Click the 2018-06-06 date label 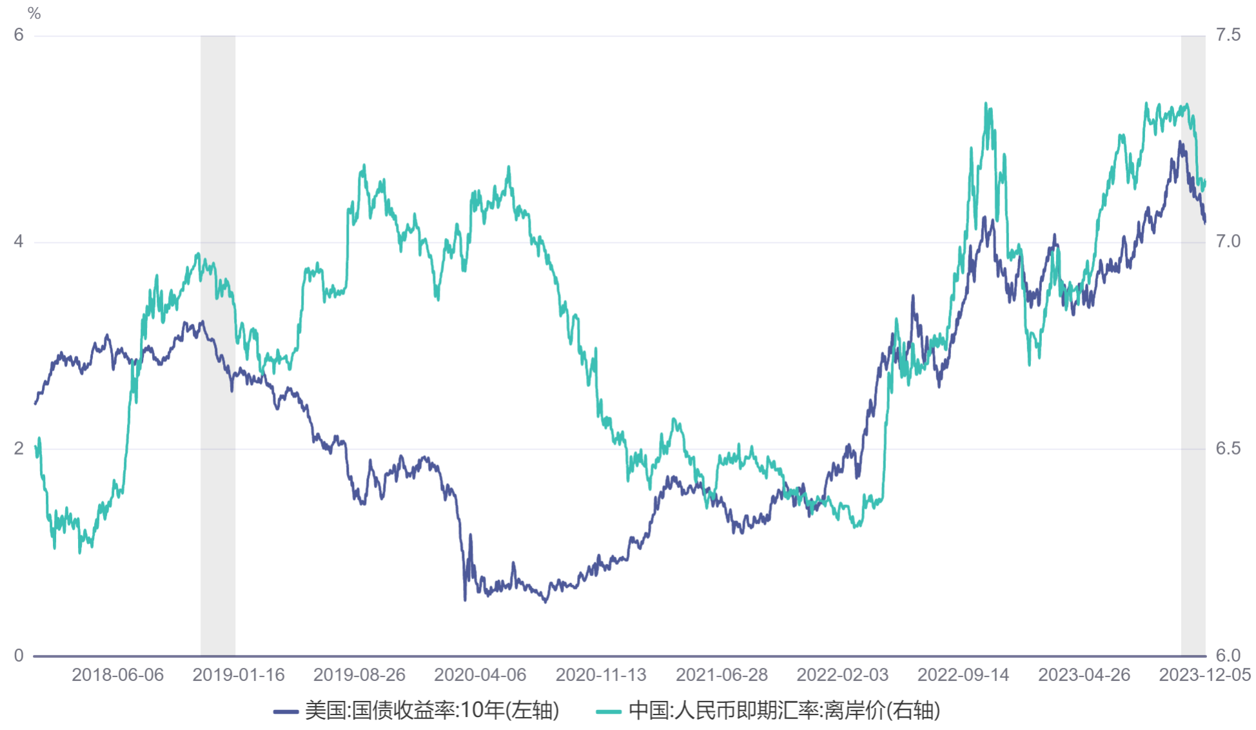pos(117,675)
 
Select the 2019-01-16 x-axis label pos(238,675)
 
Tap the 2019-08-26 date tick pos(359,675)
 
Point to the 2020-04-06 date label pos(480,675)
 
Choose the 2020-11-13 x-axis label pos(601,675)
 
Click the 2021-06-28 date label pos(721,675)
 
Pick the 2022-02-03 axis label pos(842,675)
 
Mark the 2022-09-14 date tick pos(963,675)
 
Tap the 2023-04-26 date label pos(1084,675)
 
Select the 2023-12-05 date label pos(1204,675)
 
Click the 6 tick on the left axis pos(19,35)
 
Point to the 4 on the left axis pos(19,242)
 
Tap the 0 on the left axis pos(19,655)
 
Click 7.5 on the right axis pos(1228,35)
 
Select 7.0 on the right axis pos(1228,242)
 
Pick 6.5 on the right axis pos(1228,449)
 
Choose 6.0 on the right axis pos(1228,655)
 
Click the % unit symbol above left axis pos(34,13)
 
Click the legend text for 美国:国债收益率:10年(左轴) pos(431,711)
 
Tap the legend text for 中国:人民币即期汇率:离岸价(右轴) pos(784,711)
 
